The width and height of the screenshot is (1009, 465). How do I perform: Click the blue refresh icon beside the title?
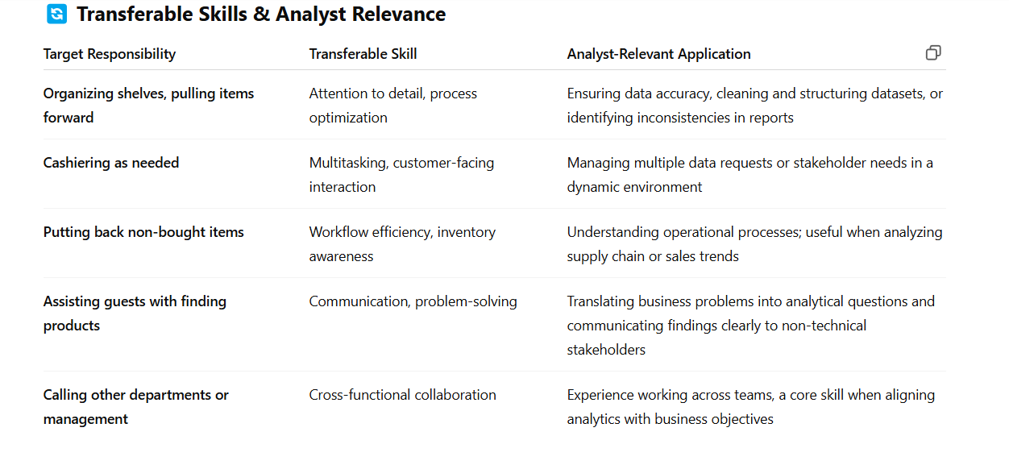tap(56, 14)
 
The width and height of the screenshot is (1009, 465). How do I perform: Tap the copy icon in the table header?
tap(933, 52)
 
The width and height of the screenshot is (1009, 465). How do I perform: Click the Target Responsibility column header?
tap(110, 54)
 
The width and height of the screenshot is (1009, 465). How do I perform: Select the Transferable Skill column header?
tap(363, 54)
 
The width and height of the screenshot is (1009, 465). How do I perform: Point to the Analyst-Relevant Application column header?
tap(659, 54)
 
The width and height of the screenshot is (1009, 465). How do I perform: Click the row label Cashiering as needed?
tap(111, 163)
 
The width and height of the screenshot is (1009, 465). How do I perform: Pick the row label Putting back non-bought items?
tap(143, 232)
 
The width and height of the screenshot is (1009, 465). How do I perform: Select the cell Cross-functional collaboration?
tap(403, 395)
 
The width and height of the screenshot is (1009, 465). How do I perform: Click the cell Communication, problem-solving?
tap(413, 301)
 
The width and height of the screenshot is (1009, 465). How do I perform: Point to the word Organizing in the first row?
tap(78, 93)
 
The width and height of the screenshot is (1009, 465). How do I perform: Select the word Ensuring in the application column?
tap(593, 93)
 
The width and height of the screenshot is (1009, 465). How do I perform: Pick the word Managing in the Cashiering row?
tap(598, 163)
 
